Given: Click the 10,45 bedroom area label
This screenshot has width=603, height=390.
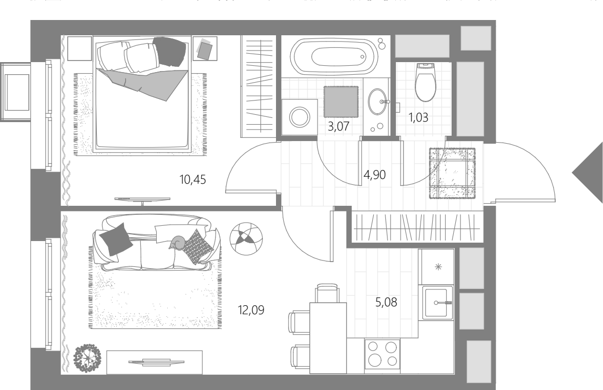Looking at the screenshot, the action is [192, 179].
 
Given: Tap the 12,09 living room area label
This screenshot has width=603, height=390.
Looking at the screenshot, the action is [251, 310].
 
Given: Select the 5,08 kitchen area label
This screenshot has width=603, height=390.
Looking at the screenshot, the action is [386, 302].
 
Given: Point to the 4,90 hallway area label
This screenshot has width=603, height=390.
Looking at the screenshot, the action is [374, 175].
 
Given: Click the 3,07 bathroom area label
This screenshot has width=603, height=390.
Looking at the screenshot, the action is [339, 126].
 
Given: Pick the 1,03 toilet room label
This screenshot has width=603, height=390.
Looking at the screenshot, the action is [418, 117].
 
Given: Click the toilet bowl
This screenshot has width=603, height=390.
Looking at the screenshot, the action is [425, 82].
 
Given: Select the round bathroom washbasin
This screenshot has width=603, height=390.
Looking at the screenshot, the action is [377, 101].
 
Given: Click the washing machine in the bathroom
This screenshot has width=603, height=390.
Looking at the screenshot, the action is [300, 117].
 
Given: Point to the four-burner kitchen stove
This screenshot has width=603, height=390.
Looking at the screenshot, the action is [382, 354].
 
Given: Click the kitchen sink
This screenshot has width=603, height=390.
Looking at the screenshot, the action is [438, 303].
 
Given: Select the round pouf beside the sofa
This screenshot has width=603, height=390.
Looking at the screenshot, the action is [246, 239].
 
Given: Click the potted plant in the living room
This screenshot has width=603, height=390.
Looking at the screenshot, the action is [87, 358].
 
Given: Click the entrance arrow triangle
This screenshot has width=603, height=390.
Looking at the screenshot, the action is [588, 172].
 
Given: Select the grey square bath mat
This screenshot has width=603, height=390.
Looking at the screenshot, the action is [341, 102].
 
